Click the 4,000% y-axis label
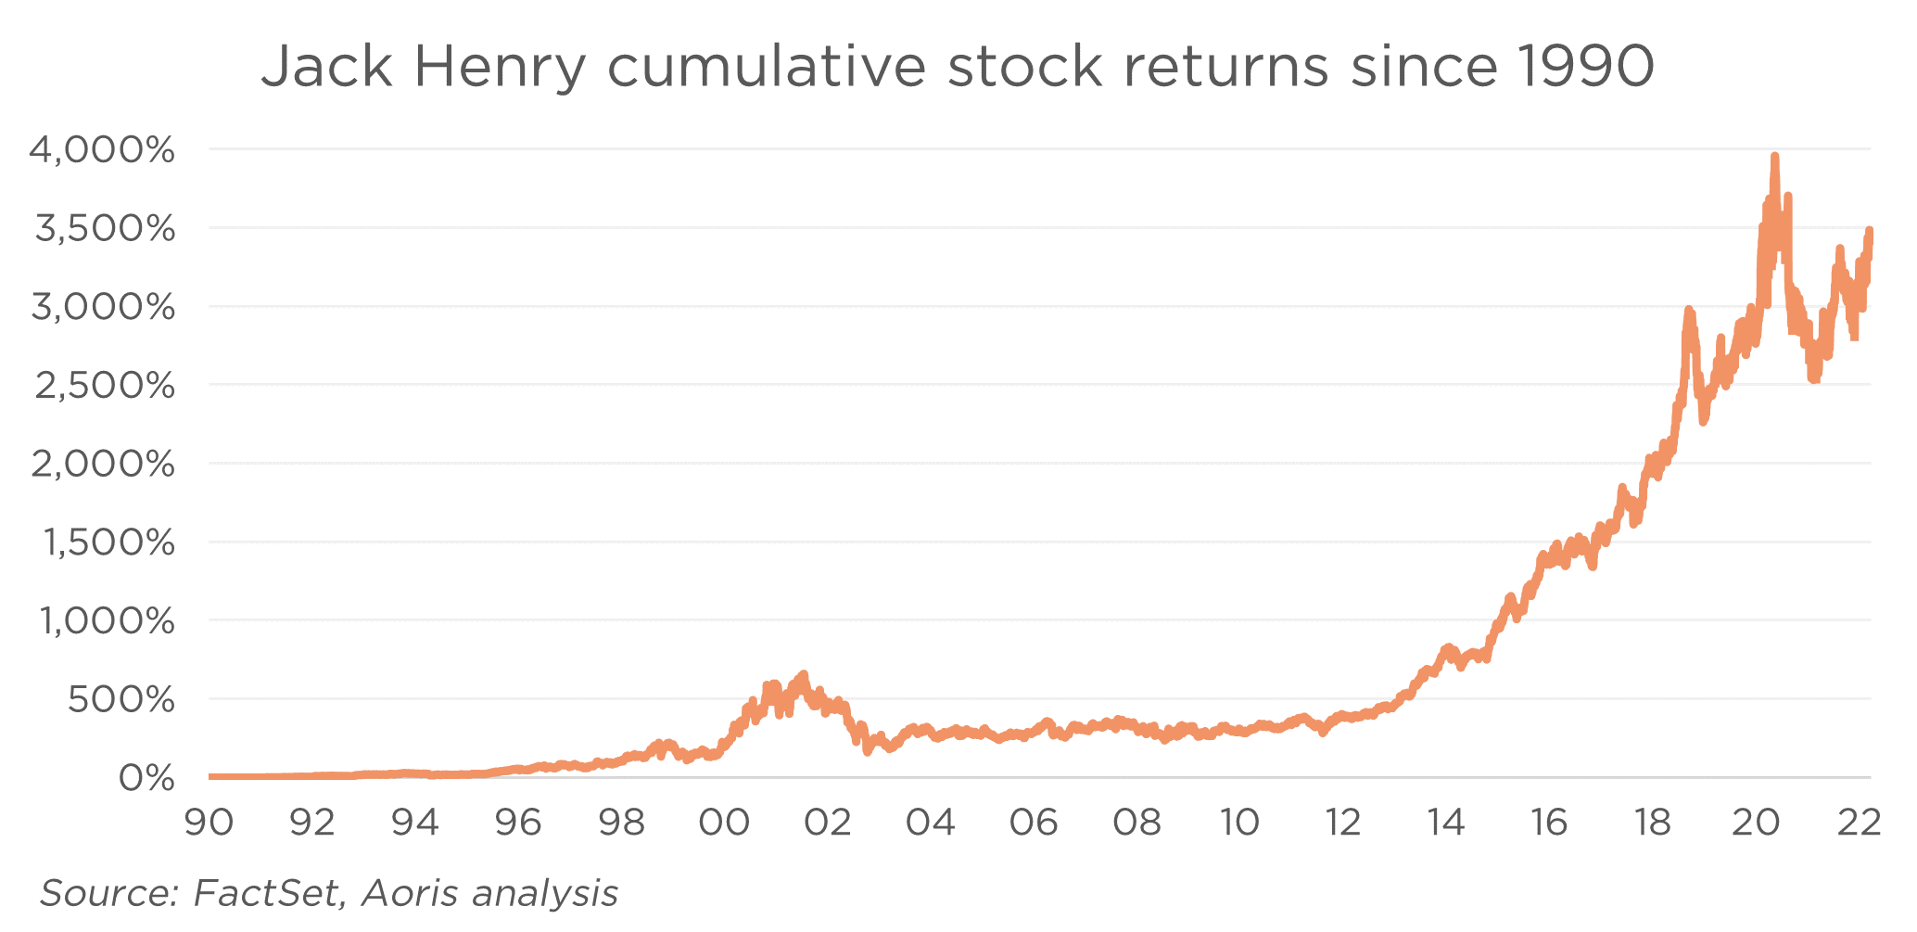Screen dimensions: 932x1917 click(102, 149)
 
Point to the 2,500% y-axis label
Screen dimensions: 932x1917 click(104, 385)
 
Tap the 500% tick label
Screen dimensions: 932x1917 click(121, 699)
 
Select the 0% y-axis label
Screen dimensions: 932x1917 click(146, 778)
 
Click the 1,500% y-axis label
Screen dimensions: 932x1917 click(108, 543)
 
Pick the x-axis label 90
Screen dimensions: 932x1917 click(209, 823)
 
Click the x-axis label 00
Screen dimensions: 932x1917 click(724, 823)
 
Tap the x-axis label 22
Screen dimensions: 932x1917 click(1859, 823)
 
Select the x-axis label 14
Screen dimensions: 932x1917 click(1446, 823)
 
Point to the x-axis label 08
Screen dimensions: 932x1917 click(1137, 823)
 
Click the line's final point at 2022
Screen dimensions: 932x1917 click(1870, 232)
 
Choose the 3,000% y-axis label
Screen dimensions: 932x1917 click(103, 306)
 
